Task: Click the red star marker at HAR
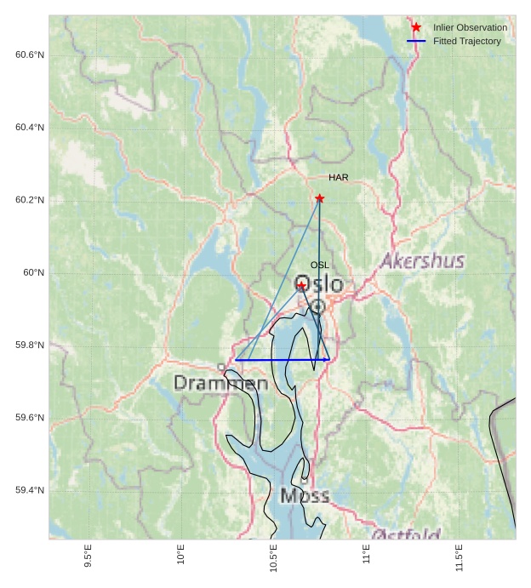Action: tap(320, 198)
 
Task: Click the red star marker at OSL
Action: tap(301, 285)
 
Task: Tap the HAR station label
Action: tap(339, 178)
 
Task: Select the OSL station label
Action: tap(319, 265)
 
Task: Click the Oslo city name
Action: tap(319, 284)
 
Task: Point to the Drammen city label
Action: tap(221, 384)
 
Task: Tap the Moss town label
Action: tap(304, 495)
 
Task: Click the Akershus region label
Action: tap(422, 260)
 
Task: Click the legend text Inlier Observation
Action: tap(470, 28)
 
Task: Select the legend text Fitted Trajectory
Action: tap(466, 41)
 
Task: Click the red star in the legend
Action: tap(416, 28)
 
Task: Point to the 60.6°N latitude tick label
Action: tap(30, 55)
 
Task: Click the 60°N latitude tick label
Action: tap(34, 272)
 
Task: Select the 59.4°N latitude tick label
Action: tap(30, 490)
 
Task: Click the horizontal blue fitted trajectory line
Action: tap(281, 360)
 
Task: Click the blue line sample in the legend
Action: tap(416, 41)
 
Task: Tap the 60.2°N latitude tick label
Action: tap(30, 200)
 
